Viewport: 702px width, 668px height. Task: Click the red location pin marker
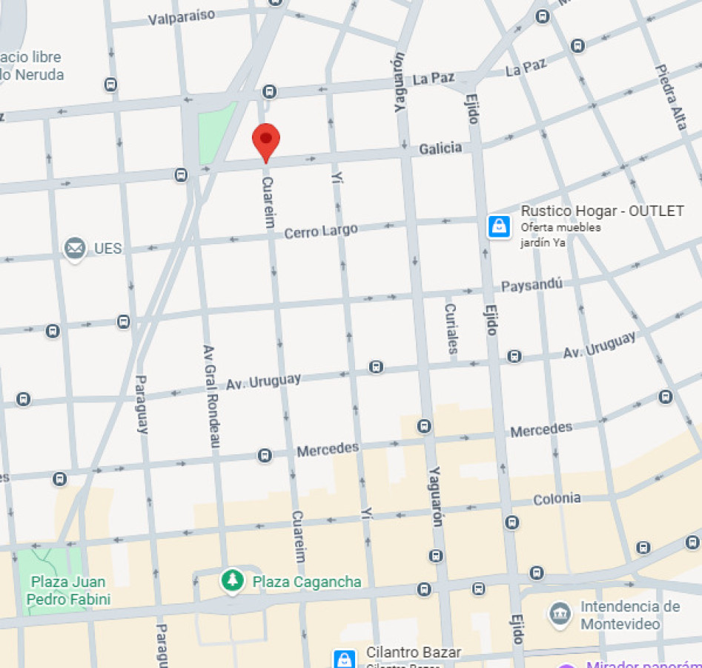tap(265, 141)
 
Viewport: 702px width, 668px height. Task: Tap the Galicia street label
tap(440, 149)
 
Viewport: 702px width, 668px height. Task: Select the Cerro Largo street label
tap(321, 231)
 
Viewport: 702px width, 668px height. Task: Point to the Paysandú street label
tap(532, 285)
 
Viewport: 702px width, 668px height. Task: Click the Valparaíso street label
tap(182, 16)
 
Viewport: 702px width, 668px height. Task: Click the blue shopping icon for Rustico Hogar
tap(499, 226)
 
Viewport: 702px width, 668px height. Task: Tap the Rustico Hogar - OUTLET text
tap(602, 211)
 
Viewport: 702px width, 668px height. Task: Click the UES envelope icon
tap(74, 248)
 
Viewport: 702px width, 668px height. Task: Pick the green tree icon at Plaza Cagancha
tap(233, 580)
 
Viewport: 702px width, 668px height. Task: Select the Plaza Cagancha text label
tap(307, 581)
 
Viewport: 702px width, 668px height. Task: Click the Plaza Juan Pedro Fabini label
tap(68, 590)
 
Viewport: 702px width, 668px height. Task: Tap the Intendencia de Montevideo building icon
tap(560, 614)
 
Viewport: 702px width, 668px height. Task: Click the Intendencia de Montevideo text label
tap(629, 615)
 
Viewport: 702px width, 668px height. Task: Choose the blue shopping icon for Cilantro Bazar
tap(344, 658)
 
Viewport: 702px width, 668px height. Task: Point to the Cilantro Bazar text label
tap(414, 652)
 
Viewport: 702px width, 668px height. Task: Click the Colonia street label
tap(557, 499)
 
